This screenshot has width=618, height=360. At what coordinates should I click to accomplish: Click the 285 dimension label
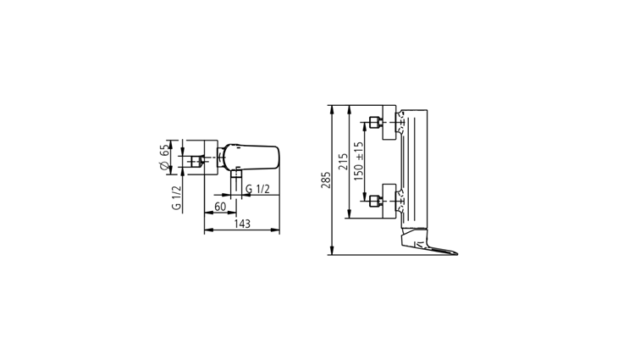326,180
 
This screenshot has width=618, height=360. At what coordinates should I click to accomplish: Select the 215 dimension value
343,162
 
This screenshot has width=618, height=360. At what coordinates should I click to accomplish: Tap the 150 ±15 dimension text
358,161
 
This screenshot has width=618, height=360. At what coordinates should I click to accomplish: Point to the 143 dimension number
242,224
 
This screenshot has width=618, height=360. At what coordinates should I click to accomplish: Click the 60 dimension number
220,207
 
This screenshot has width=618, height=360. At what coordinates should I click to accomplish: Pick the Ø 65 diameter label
165,158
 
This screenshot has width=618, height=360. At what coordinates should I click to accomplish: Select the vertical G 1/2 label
177,197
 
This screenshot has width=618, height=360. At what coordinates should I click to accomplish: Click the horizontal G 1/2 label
257,189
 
